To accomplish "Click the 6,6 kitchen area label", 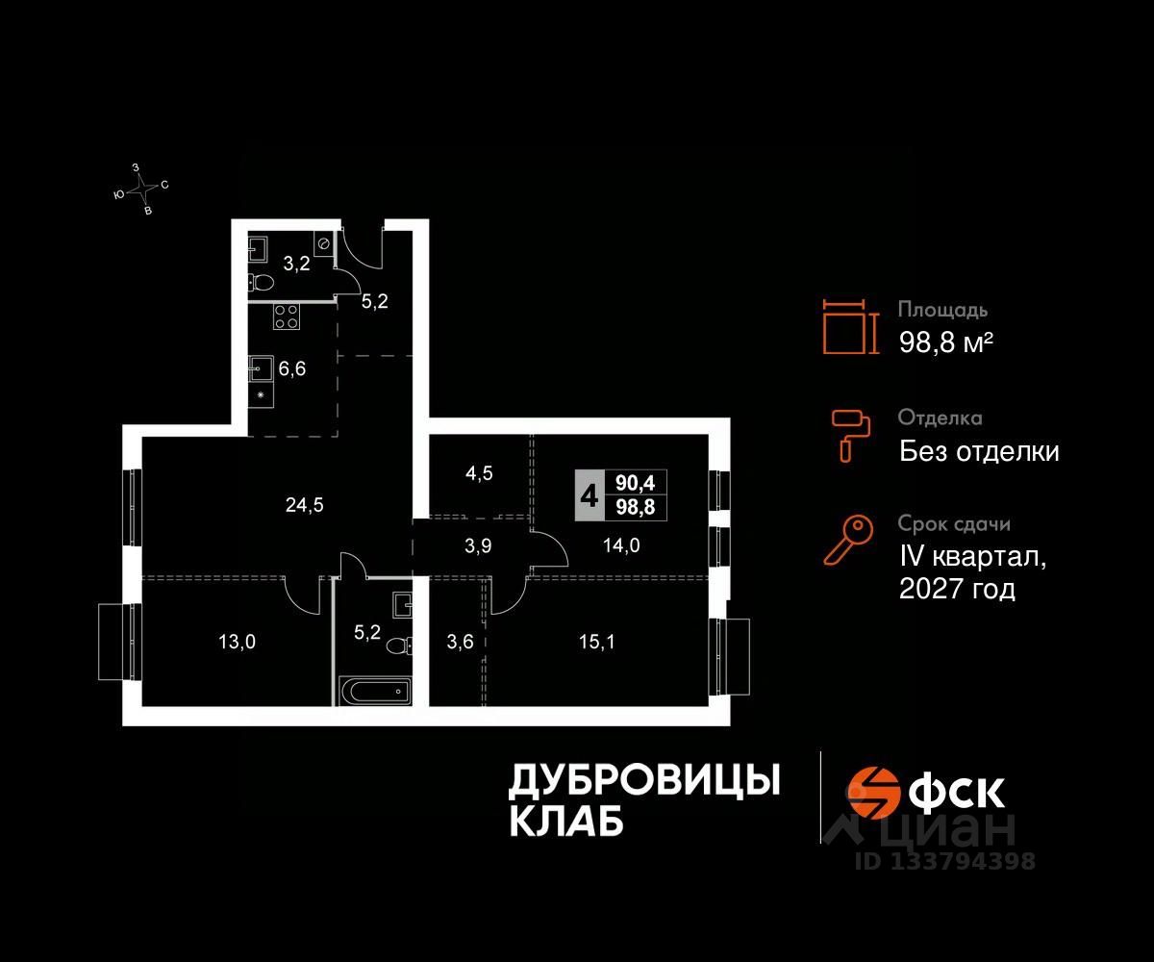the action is pyautogui.click(x=292, y=369).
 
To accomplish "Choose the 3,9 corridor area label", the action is pyautogui.click(x=478, y=544).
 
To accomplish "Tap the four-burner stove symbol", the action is pyautogui.click(x=287, y=316).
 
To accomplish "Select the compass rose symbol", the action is pyautogui.click(x=140, y=189).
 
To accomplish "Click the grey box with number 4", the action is pyautogui.click(x=589, y=496).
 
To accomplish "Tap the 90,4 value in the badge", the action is pyautogui.click(x=635, y=485).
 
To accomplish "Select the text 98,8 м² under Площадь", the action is pyautogui.click(x=945, y=342).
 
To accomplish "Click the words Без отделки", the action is pyautogui.click(x=979, y=450).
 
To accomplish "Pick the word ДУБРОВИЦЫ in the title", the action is pyautogui.click(x=643, y=780).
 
